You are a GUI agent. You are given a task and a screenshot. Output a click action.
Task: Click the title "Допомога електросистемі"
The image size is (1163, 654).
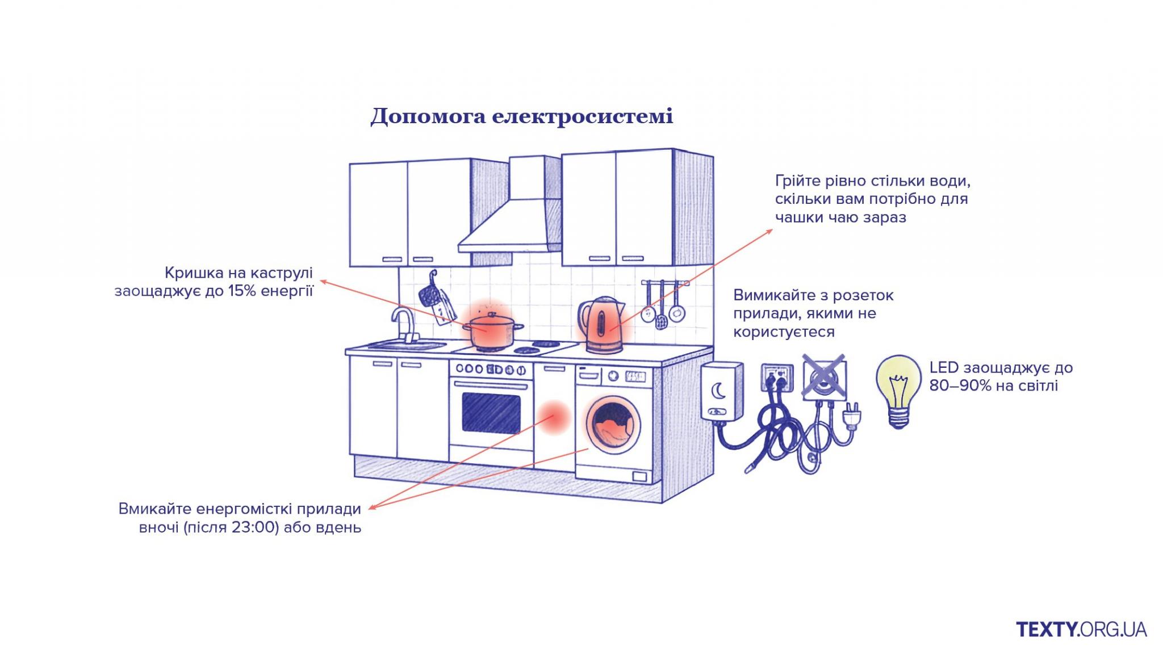521,116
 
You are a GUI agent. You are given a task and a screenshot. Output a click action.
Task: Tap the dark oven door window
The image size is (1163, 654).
491,412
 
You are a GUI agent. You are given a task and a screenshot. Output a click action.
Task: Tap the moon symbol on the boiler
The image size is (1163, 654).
719,391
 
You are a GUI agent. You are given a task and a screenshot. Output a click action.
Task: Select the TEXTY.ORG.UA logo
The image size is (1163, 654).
1081,629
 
